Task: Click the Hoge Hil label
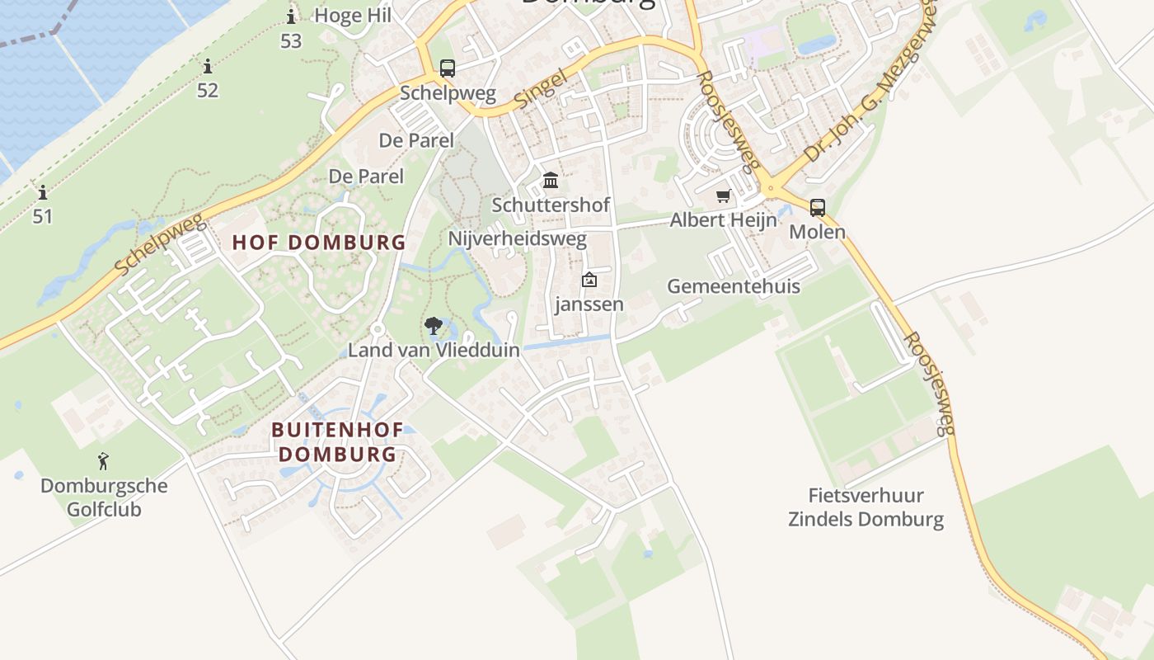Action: tap(353, 15)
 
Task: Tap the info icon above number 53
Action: tap(290, 16)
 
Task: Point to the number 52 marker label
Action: tap(208, 90)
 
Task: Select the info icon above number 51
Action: tap(42, 193)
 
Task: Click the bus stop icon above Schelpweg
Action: tap(447, 68)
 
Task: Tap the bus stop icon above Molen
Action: tap(817, 208)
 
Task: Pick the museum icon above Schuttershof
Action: tap(550, 181)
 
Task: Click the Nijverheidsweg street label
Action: tap(517, 239)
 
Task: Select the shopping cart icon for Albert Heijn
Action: tap(723, 196)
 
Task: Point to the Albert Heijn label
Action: tap(723, 220)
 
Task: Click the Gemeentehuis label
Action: tap(733, 286)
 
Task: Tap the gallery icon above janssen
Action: tap(589, 280)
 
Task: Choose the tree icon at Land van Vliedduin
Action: tap(433, 326)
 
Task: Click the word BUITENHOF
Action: tap(337, 430)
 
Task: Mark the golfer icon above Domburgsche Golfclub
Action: tap(103, 461)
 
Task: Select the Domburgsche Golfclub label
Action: tap(104, 497)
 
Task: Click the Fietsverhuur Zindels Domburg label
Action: tap(865, 507)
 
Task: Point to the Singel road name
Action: tap(542, 89)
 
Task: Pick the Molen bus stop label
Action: tap(817, 232)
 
